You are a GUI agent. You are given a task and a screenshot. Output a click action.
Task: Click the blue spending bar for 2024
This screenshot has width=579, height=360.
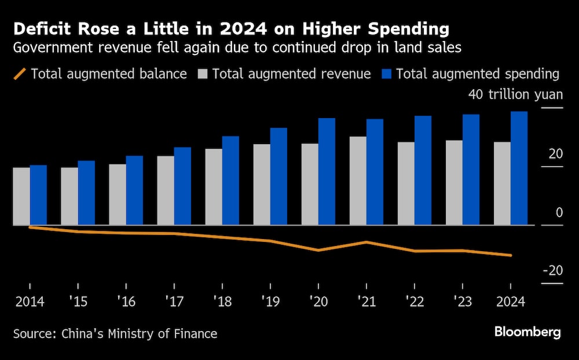tap(519, 168)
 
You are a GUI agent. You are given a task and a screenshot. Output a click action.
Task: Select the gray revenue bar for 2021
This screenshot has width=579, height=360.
tap(358, 181)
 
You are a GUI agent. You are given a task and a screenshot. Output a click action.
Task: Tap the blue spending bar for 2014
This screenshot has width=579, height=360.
tap(38, 195)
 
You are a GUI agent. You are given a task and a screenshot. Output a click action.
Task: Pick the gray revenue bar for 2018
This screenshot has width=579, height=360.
tap(214, 187)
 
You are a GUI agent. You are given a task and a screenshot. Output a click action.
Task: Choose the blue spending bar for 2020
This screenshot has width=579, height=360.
tap(327, 171)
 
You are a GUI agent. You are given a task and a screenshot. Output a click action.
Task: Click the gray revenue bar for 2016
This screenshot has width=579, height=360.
tap(118, 194)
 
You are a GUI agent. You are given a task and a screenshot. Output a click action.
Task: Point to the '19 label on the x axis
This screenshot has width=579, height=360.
tap(270, 302)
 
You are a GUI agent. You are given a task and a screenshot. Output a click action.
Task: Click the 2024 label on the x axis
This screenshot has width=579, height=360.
tap(510, 302)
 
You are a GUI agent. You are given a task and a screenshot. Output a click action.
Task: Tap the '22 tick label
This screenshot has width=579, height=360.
tap(414, 302)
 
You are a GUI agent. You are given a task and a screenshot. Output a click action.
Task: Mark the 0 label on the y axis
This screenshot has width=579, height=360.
tap(559, 212)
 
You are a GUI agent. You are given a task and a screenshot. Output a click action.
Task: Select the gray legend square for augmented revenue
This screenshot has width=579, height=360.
tap(202, 74)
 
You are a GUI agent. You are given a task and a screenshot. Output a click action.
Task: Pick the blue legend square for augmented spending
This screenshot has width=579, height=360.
tap(387, 74)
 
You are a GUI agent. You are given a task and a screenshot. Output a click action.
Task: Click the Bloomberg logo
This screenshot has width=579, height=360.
tap(527, 332)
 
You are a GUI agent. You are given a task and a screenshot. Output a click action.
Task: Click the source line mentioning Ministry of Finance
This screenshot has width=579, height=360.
tap(115, 333)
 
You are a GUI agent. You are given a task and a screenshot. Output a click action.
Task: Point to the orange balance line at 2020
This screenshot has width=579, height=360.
tap(318, 250)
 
